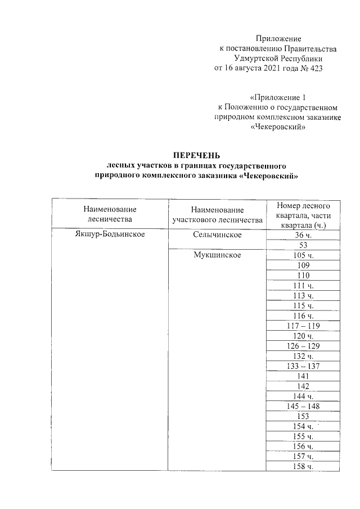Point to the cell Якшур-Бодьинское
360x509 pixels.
tap(109, 235)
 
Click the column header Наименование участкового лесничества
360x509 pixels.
tap(217, 214)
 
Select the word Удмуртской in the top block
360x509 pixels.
tap(255, 58)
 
